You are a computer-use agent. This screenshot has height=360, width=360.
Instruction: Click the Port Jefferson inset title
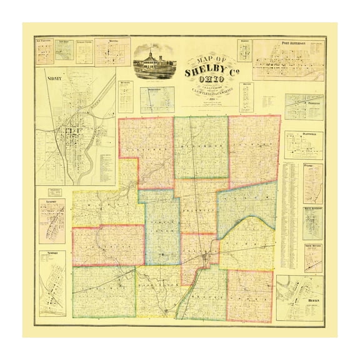[x=294, y=44]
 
